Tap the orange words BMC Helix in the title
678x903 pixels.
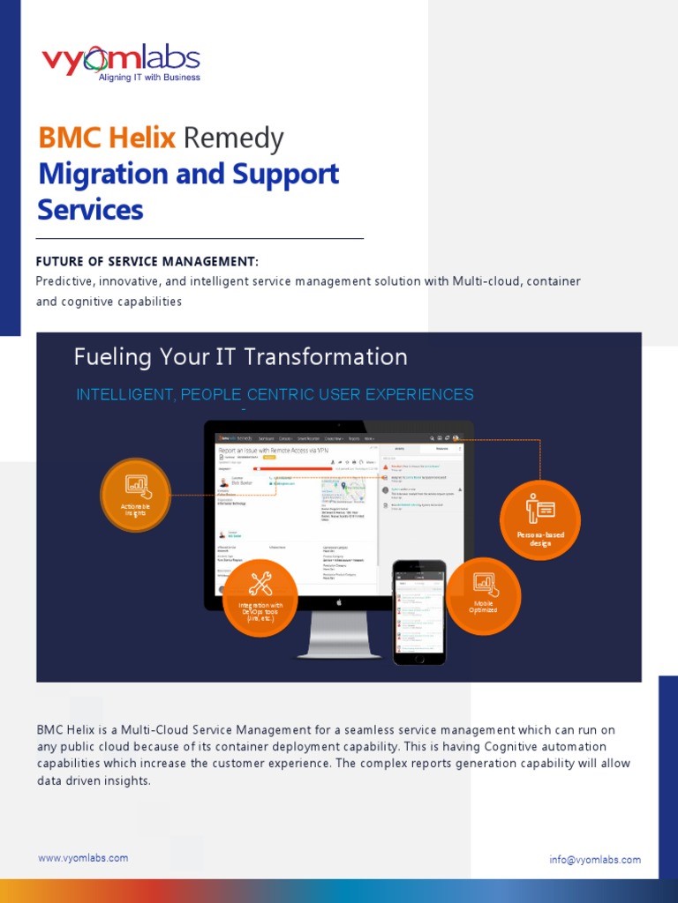(x=107, y=138)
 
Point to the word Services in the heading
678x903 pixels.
(x=90, y=210)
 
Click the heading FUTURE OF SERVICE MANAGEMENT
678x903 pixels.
(x=147, y=262)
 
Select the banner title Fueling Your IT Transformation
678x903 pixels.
(x=241, y=357)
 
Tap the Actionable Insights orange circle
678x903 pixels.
(x=135, y=494)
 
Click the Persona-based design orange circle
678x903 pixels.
(x=540, y=519)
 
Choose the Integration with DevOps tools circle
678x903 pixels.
(x=260, y=597)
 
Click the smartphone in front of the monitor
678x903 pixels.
(x=420, y=612)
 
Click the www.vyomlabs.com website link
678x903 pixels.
(x=83, y=858)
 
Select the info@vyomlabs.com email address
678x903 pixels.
(x=595, y=860)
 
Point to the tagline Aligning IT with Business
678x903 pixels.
(x=149, y=78)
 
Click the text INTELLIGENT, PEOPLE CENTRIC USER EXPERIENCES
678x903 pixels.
(x=275, y=394)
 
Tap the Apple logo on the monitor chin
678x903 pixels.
(x=339, y=602)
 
